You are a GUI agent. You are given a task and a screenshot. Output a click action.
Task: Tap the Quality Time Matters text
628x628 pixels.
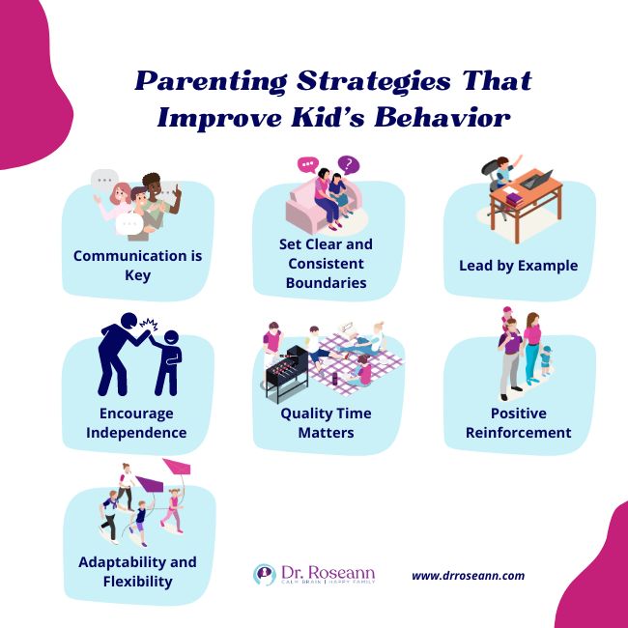(x=326, y=422)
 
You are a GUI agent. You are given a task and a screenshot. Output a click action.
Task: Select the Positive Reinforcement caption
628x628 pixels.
(x=519, y=422)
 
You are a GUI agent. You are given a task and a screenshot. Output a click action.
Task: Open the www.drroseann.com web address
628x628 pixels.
(x=468, y=576)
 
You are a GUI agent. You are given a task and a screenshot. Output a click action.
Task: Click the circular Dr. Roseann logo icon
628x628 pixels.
(x=264, y=575)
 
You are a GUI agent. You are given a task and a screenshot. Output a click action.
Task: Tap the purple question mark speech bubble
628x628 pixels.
(x=349, y=165)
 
